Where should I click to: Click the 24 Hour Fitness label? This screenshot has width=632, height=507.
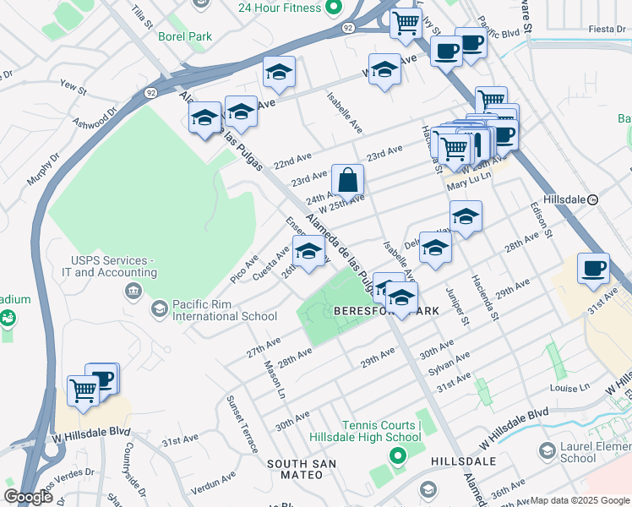(x=267, y=8)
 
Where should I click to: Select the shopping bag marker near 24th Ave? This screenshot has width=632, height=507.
(x=347, y=180)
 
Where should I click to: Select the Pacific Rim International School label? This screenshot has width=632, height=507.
(x=224, y=310)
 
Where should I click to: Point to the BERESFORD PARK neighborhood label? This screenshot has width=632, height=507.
(x=386, y=311)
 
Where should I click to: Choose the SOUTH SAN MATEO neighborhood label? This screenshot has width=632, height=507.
(x=302, y=469)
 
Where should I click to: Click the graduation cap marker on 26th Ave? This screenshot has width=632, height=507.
(x=308, y=251)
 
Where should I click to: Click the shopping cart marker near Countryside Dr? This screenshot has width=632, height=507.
(x=83, y=391)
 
